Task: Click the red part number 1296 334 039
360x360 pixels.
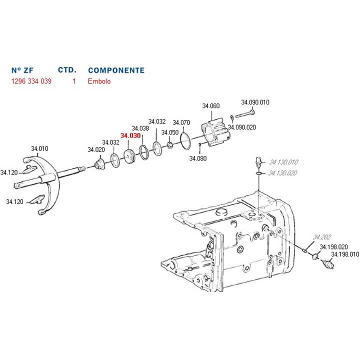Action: point(31,81)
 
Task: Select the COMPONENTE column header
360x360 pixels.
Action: point(116,70)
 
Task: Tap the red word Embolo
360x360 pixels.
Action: point(99,81)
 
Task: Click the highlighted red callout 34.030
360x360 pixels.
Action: point(130,135)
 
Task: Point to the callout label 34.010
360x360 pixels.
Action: point(39,148)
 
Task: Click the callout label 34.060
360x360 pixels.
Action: point(211,106)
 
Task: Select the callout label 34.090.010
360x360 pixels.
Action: point(255,102)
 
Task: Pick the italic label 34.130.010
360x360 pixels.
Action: point(284,162)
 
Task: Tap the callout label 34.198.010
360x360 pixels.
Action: point(345,254)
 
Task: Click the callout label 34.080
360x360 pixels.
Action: point(198,158)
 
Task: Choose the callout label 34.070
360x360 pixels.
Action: point(181,122)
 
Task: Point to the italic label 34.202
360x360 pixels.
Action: point(322,237)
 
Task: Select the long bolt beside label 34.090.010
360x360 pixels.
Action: point(245,114)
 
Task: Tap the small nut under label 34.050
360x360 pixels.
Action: point(169,145)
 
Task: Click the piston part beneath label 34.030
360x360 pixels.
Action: point(129,156)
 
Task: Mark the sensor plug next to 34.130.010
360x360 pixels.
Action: point(259,162)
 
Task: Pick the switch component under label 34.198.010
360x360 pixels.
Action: point(327,264)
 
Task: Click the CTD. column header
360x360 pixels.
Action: point(67,70)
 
